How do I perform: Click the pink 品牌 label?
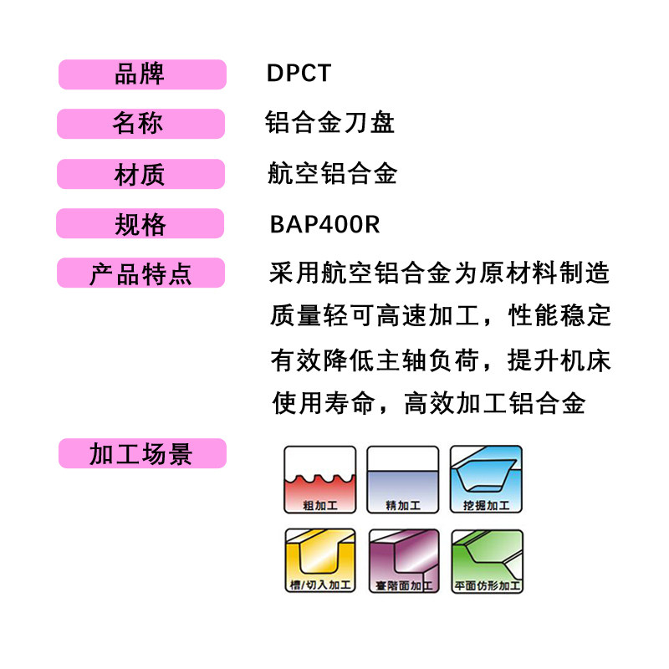tap(141, 74)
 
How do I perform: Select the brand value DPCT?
tap(299, 74)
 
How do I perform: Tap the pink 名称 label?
tap(140, 124)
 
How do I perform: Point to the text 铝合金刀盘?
tap(329, 124)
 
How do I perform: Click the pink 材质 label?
tap(140, 174)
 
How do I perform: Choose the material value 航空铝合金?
tap(332, 174)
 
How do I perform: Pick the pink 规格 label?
tap(140, 224)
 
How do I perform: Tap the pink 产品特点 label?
tap(140, 273)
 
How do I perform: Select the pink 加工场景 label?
tap(141, 453)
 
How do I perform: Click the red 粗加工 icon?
tap(320, 479)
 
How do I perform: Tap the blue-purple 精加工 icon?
tap(403, 479)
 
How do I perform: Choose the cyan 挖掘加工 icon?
tap(486, 479)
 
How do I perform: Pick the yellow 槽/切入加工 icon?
tap(320, 561)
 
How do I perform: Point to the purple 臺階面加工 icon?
tap(403, 561)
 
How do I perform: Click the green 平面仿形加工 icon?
tap(486, 561)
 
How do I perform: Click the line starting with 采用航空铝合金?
tap(440, 273)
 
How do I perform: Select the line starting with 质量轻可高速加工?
tap(440, 317)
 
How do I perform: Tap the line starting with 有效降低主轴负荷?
tap(440, 360)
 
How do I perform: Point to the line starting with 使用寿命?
tap(428, 405)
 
